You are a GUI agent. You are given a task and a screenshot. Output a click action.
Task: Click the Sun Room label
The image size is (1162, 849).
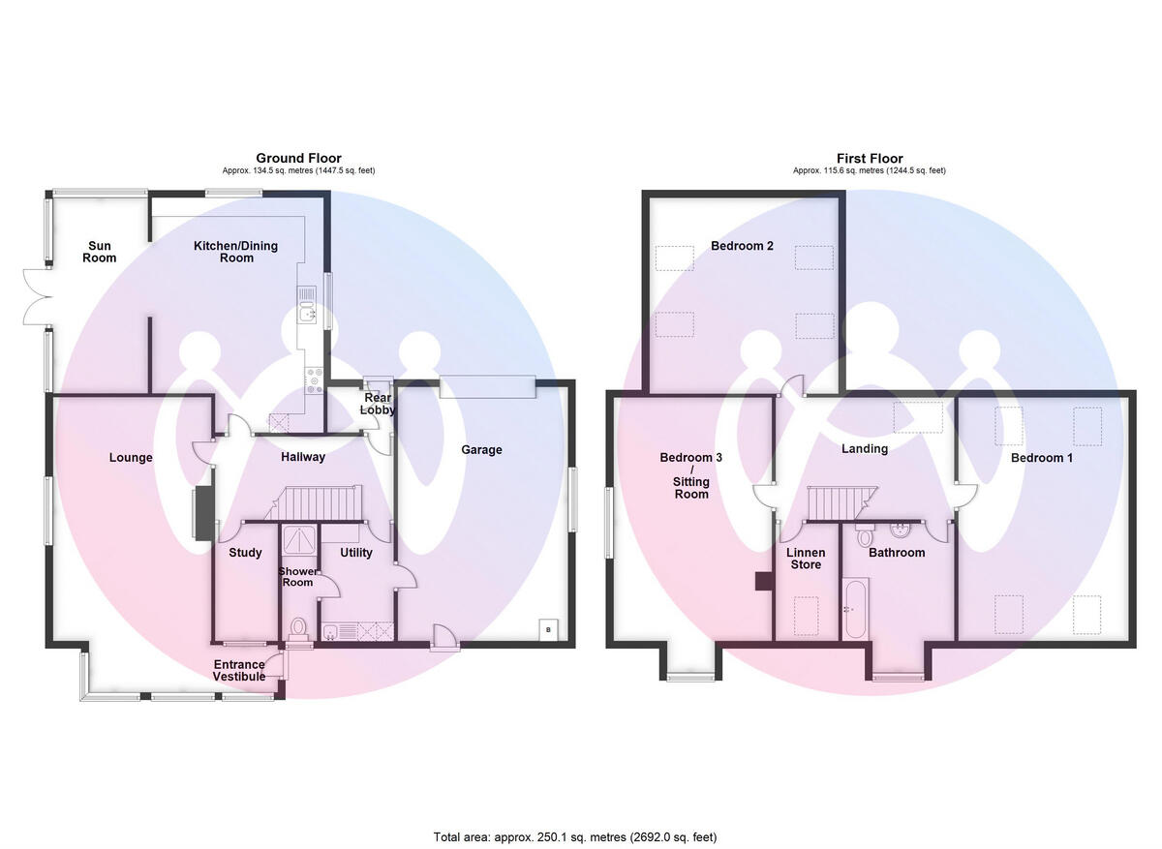pyautogui.click(x=99, y=252)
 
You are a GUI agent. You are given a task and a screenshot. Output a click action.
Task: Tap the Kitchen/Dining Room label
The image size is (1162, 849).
pyautogui.click(x=235, y=252)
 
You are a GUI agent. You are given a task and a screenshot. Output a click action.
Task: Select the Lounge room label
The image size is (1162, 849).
pyautogui.click(x=131, y=458)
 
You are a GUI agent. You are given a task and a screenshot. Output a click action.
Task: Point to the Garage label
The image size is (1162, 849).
pyautogui.click(x=481, y=449)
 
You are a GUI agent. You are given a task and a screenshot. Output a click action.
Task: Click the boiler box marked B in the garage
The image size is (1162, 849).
pyautogui.click(x=548, y=630)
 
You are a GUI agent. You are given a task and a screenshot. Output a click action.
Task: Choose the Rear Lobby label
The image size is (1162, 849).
pyautogui.click(x=377, y=404)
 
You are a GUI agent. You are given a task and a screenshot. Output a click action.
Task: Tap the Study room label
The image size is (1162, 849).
pyautogui.click(x=245, y=553)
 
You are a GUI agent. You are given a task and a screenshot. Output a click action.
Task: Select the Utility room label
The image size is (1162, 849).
pyautogui.click(x=356, y=553)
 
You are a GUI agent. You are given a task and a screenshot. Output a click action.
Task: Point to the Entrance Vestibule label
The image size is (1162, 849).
pyautogui.click(x=239, y=671)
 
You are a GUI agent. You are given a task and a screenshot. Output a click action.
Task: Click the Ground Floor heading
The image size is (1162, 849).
pyautogui.click(x=298, y=158)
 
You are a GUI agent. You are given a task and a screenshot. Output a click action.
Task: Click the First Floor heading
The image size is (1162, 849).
pyautogui.click(x=870, y=158)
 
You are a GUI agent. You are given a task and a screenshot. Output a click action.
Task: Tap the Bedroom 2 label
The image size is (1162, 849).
pyautogui.click(x=742, y=246)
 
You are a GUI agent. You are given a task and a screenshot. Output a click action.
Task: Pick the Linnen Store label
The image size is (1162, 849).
pyautogui.click(x=806, y=559)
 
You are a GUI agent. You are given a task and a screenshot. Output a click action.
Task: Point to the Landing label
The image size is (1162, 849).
pyautogui.click(x=865, y=448)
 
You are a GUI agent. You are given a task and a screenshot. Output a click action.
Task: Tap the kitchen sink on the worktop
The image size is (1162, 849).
pyautogui.click(x=308, y=313)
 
